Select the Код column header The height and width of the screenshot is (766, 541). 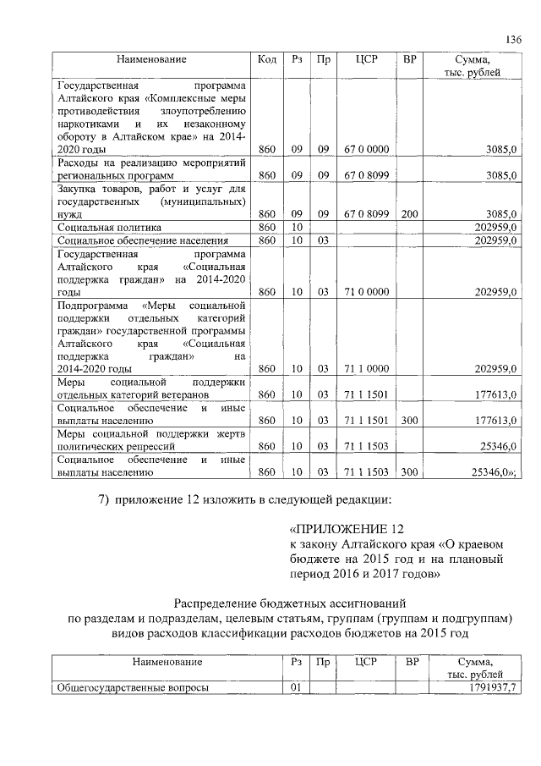coord(265,59)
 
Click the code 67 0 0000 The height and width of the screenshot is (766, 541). coord(366,149)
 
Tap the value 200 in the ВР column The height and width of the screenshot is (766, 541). coord(409,214)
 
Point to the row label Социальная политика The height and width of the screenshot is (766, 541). coord(109,228)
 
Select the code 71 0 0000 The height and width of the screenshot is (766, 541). coord(366,292)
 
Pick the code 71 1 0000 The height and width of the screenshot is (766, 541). coord(366,369)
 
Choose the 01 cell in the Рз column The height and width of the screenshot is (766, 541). coord(296,688)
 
